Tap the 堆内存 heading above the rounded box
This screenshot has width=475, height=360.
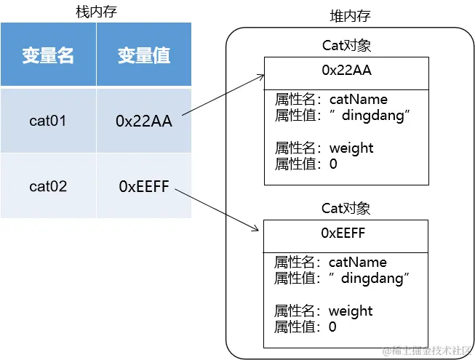350,17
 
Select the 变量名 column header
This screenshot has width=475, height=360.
48,55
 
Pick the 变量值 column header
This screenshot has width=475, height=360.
143,55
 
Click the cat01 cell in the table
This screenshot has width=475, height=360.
48,121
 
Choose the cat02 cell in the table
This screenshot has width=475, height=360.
48,186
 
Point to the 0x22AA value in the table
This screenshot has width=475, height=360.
143,121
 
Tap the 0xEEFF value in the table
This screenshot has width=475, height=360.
143,187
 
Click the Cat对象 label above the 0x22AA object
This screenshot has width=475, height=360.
346,45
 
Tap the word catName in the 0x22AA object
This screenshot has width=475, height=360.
358,100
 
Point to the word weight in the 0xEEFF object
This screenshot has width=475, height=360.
351,311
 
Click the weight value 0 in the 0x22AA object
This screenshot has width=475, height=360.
333,164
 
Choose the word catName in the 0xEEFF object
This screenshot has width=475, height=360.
357,263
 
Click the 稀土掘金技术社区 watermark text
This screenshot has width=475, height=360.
426,351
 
